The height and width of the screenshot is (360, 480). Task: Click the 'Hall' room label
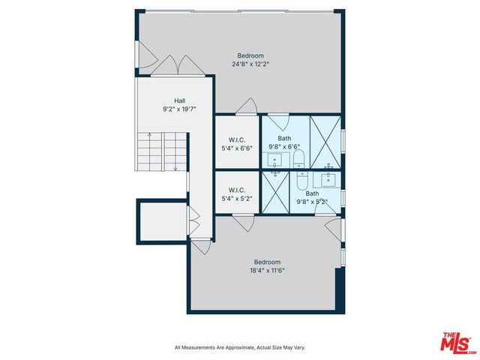click(180, 100)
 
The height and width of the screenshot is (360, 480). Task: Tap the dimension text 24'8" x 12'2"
click(250, 64)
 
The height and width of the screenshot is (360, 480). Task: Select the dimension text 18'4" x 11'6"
click(266, 270)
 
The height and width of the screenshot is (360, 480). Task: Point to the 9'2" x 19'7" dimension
click(180, 109)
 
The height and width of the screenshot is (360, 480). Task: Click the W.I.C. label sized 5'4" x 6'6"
click(237, 139)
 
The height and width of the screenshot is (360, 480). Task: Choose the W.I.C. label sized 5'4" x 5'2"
click(237, 190)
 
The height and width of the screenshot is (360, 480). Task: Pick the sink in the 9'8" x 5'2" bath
click(328, 178)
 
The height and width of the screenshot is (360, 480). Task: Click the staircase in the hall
click(160, 151)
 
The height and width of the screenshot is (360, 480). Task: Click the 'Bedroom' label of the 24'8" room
click(250, 55)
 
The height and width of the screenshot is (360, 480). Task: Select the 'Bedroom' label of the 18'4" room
click(266, 261)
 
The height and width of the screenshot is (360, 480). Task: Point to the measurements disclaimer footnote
click(240, 347)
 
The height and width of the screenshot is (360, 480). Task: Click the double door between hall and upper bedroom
click(177, 67)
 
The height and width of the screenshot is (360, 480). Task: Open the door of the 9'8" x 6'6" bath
click(278, 119)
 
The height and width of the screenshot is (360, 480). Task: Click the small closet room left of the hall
click(160, 223)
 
